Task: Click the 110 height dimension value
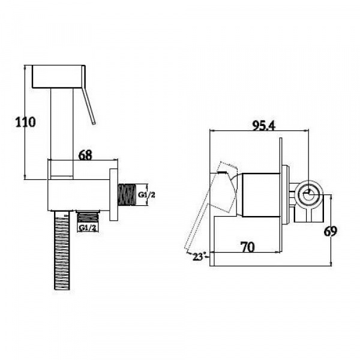[25, 122]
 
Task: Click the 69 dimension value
[332, 231]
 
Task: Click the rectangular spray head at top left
[58, 77]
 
